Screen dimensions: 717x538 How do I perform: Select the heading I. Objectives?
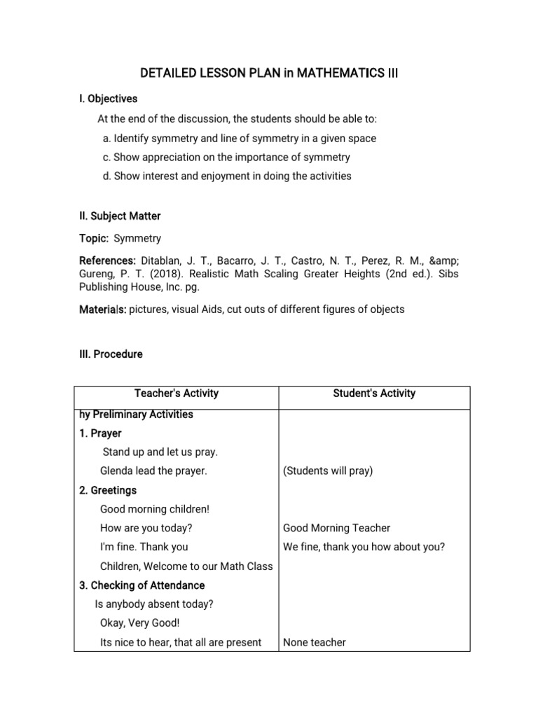[109, 99]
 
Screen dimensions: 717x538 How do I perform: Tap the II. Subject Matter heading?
[120, 216]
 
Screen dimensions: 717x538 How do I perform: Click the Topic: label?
[94, 239]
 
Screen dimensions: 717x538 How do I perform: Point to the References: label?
[107, 261]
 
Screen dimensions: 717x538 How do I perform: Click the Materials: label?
[102, 309]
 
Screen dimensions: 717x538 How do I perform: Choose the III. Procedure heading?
[111, 354]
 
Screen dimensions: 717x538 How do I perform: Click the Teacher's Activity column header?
[177, 394]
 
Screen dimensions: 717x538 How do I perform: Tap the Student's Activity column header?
[374, 394]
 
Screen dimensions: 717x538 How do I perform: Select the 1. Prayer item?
[101, 433]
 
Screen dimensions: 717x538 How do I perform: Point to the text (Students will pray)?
[328, 471]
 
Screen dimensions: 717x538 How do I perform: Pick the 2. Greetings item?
[108, 490]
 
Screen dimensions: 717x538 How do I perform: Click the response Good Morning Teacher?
[337, 528]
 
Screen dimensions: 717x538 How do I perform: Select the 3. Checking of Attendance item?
[142, 585]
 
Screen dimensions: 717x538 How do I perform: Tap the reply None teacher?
[315, 642]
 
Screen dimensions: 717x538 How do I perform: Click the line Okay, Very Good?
[140, 623]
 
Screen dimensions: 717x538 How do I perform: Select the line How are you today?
[146, 528]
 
